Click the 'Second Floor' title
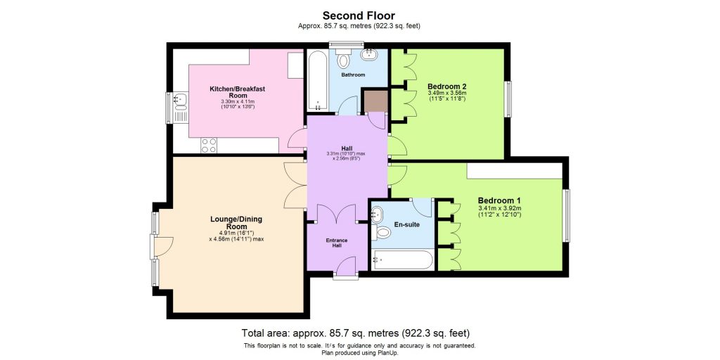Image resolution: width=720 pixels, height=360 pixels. point(359,15)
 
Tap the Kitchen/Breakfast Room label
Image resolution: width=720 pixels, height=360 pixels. point(237,92)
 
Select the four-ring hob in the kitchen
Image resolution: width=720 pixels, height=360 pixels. point(210,145)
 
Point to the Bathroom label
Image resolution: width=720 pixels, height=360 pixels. point(353,75)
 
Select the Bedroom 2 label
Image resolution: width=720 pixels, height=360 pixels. point(447,86)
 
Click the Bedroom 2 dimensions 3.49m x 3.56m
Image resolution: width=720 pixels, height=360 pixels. point(447,96)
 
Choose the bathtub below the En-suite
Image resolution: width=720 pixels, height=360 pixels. point(403,261)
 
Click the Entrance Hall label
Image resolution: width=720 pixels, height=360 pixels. point(336,243)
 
